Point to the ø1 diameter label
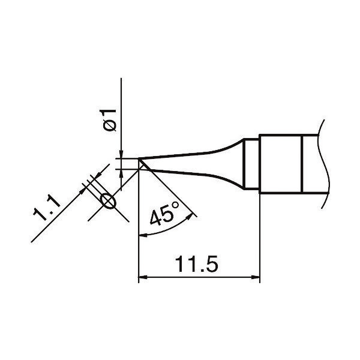coord(109,119)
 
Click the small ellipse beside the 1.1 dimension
coord(109,201)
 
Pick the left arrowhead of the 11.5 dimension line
coord(143,278)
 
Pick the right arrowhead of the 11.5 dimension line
coord(256,278)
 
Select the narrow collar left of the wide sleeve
coord(252,164)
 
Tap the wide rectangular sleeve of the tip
coord(280,164)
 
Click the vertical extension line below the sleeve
coord(260,240)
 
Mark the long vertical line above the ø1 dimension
coord(122,114)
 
